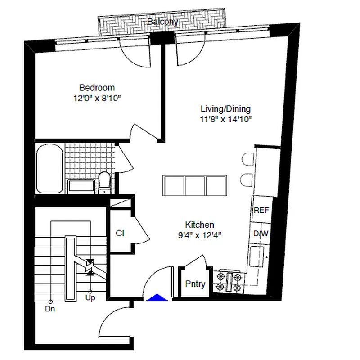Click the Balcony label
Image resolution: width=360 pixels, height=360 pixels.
tap(163, 21)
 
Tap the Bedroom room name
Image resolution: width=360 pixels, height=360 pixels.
tap(97, 88)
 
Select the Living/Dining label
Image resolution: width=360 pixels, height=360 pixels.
tap(225, 109)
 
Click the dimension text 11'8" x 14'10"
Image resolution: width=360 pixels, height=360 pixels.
tap(225, 119)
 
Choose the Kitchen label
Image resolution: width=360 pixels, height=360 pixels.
tap(200, 225)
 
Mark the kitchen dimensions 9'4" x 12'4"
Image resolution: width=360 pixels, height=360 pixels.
tap(200, 234)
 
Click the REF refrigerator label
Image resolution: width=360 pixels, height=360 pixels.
tap(261, 210)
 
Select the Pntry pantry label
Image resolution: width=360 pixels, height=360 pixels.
tap(195, 284)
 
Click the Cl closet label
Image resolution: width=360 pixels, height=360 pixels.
tap(120, 233)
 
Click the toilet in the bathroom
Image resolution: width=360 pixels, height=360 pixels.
tap(104, 181)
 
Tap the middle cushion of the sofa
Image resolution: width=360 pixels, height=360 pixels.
tap(195, 185)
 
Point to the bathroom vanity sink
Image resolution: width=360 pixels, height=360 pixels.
tap(81, 186)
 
